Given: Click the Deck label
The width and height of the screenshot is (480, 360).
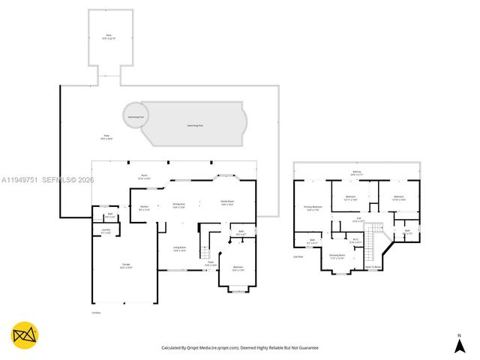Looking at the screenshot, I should [108, 37].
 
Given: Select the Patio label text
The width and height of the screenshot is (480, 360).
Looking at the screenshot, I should [108, 137].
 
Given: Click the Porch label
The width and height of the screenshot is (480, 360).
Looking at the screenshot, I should [142, 177].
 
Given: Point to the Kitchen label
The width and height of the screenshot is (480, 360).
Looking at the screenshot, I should [144, 208].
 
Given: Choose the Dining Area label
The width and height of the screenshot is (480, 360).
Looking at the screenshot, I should [178, 205].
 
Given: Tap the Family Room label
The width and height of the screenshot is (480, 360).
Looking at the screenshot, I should [227, 202].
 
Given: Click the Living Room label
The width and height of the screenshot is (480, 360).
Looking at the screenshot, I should [180, 250].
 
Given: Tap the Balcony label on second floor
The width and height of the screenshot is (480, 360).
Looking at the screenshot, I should [357, 173].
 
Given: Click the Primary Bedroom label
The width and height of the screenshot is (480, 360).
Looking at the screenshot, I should [313, 208].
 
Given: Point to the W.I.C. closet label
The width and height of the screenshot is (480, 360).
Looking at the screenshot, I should [356, 241].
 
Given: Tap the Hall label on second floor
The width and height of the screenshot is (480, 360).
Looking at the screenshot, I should [358, 220].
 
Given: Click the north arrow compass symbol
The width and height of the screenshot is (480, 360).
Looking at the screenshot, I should [459, 344].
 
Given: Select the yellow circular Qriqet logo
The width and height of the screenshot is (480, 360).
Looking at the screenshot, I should [25, 334].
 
